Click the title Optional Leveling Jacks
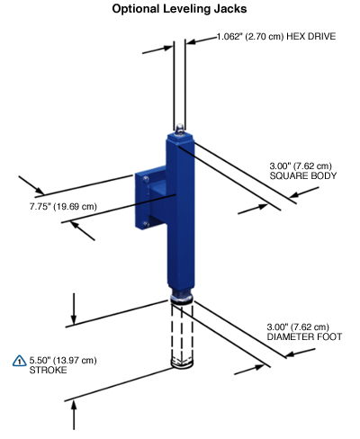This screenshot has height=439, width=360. coord(179,9)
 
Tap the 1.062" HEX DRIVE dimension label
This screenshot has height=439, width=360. coord(276,37)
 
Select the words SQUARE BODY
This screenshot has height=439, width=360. coord(303,175)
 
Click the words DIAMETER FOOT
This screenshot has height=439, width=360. coord(304,336)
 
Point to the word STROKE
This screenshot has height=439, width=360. coord(48,370)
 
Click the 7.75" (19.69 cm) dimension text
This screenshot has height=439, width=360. coord(63,207)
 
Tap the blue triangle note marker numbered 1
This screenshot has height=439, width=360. coord(20,361)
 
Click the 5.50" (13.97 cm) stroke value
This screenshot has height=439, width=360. coord(63,360)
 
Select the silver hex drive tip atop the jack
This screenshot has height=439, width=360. coord(179,129)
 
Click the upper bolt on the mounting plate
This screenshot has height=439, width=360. coord(146,179)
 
